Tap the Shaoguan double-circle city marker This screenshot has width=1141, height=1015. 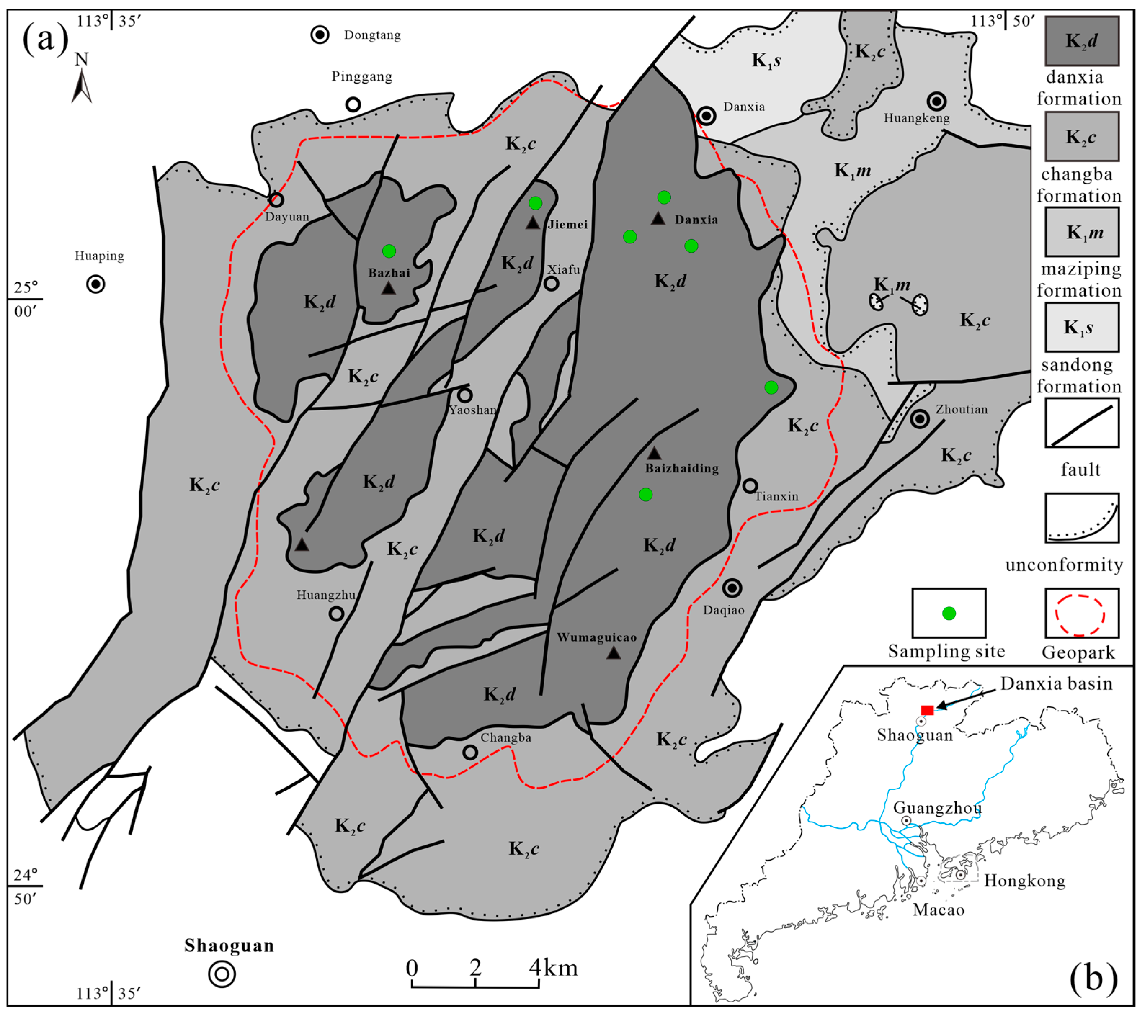(x=222, y=974)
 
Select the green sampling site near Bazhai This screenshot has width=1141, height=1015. (x=389, y=251)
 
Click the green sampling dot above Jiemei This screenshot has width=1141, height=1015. (x=535, y=203)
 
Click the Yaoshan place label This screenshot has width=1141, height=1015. (x=473, y=410)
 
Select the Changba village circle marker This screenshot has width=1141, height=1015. (x=470, y=752)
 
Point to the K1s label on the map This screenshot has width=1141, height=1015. (x=766, y=60)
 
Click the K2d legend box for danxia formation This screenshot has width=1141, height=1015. (x=1082, y=41)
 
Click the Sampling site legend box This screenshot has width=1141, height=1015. (x=948, y=613)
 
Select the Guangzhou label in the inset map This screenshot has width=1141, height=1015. (x=937, y=807)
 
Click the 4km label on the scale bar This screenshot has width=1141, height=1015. (x=553, y=967)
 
